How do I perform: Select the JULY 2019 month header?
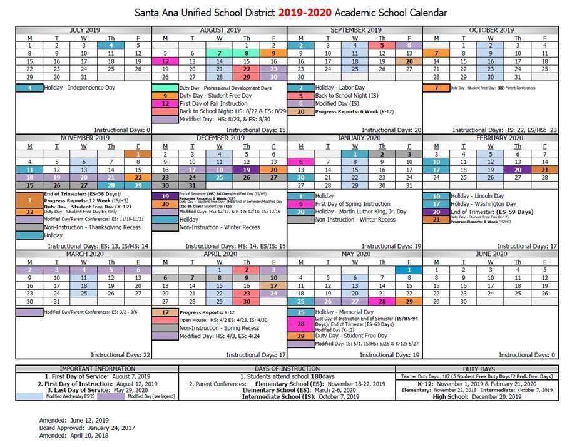point(83,29)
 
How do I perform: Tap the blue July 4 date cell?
point(111,45)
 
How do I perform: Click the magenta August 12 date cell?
point(165,61)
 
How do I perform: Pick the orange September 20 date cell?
point(409,61)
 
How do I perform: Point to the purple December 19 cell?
point(247,169)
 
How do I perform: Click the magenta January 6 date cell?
point(301,161)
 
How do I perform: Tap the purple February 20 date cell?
point(518,169)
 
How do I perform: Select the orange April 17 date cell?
point(273,285)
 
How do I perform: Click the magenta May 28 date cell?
point(382,301)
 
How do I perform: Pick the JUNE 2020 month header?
point(491,254)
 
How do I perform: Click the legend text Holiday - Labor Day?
point(340,88)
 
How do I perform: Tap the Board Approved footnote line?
point(86,428)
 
